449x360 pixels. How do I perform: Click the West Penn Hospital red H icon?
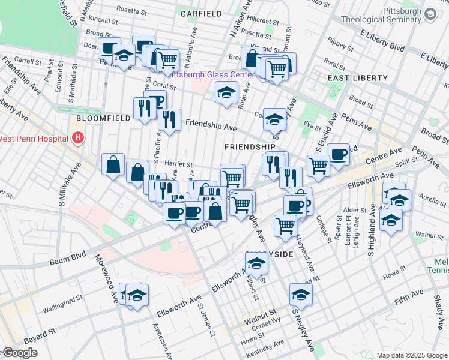click(77, 139)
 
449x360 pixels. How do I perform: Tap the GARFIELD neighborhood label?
click(201, 13)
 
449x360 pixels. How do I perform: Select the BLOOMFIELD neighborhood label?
click(104, 118)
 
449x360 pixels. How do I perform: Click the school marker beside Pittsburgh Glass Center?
click(226, 92)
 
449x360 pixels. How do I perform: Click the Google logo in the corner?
click(19, 353)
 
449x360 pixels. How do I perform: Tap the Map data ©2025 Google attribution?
click(411, 355)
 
